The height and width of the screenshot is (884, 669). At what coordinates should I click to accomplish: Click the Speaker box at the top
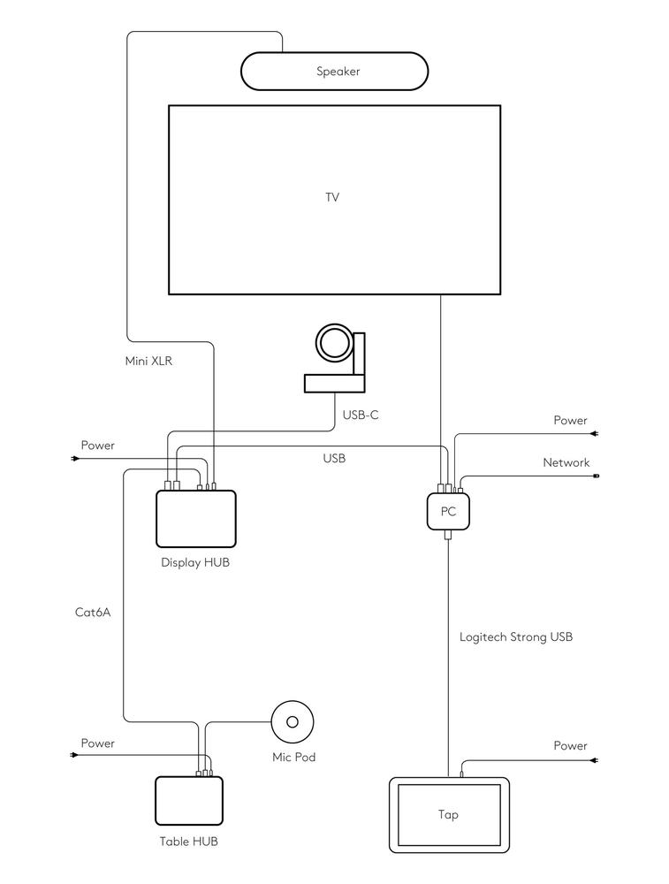[x=335, y=72]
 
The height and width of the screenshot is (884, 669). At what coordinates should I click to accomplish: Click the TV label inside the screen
[x=332, y=197]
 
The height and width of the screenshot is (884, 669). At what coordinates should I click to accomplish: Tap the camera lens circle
[x=333, y=343]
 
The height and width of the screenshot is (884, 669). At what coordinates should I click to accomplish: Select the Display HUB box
[x=195, y=519]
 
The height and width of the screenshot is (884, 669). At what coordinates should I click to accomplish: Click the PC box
[x=448, y=511]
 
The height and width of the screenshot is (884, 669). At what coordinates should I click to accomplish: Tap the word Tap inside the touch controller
[x=449, y=814]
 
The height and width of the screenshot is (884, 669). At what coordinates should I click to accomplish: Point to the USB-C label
[x=361, y=414]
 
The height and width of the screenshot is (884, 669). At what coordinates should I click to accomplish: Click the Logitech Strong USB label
[x=516, y=636]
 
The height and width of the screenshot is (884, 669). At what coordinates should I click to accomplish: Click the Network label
[x=566, y=462]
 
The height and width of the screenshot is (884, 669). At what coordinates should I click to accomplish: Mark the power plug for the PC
[x=597, y=434]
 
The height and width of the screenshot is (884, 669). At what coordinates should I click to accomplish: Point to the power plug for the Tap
[x=597, y=760]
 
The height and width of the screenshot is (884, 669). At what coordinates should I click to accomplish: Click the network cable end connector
[x=596, y=476]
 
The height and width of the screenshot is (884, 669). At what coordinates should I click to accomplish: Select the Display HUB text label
[x=195, y=562]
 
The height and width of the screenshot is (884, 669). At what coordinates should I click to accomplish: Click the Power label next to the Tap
[x=570, y=746]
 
